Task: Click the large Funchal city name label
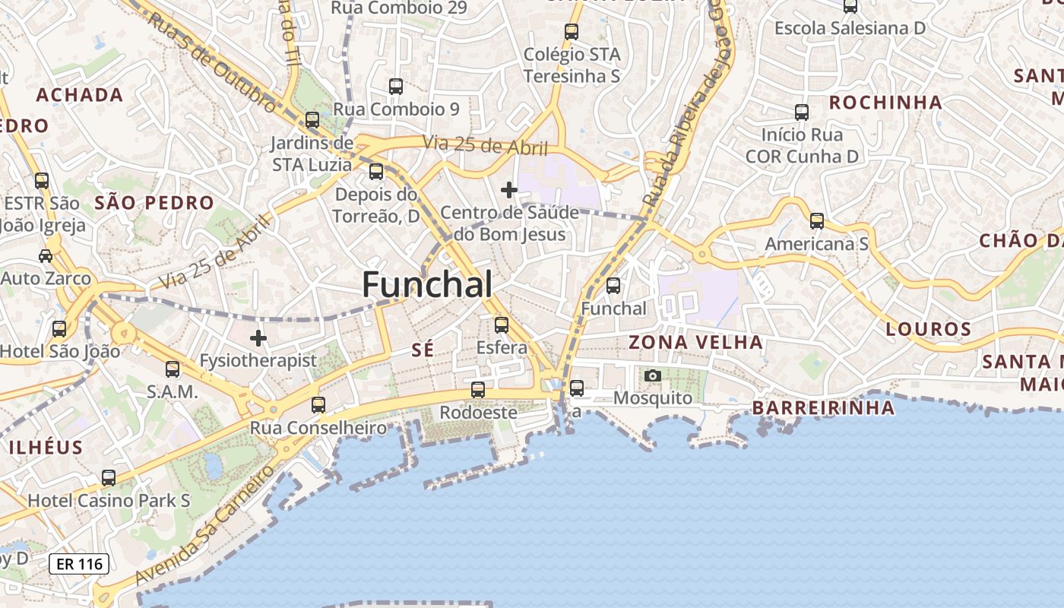(427, 285)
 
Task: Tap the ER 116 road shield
(79, 564)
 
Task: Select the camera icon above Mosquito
(652, 375)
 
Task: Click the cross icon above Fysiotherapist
(258, 337)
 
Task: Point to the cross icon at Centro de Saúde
(509, 189)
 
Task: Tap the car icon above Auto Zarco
(46, 255)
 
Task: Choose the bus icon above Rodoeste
(478, 390)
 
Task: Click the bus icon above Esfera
(502, 325)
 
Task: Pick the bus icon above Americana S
(817, 221)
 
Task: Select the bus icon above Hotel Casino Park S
(109, 478)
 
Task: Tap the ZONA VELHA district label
(695, 342)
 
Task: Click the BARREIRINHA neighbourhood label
(824, 408)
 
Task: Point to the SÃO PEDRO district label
(154, 202)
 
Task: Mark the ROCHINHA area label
(885, 102)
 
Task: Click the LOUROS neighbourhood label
(929, 329)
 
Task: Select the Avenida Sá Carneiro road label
(204, 524)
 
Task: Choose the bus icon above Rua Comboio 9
(396, 87)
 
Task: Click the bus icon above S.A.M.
(173, 369)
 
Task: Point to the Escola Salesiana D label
(850, 28)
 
